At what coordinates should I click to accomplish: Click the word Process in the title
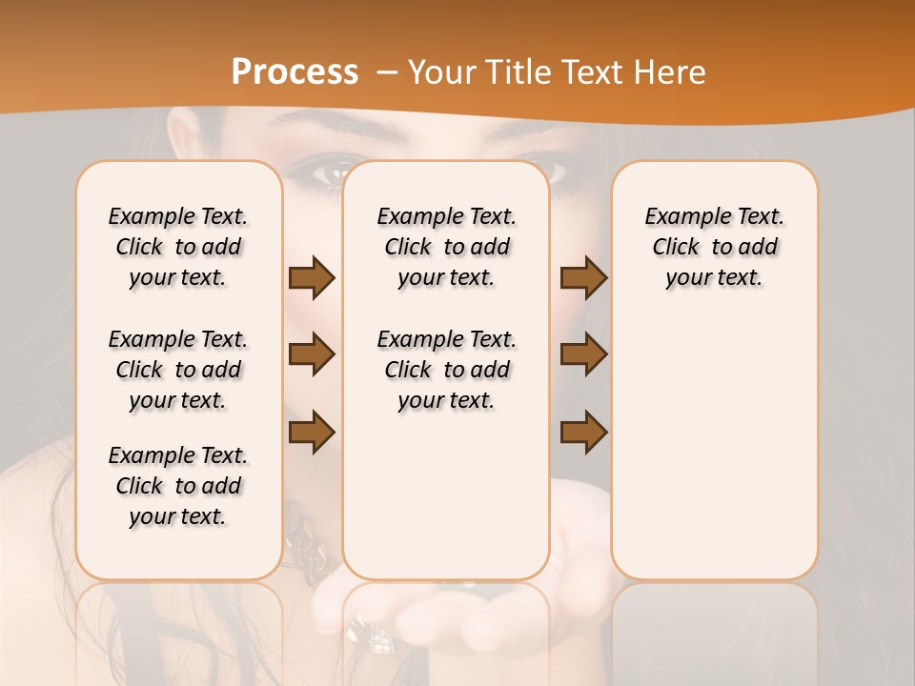[295, 72]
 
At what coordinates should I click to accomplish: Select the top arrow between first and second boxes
[312, 277]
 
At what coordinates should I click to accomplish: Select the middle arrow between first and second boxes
[312, 354]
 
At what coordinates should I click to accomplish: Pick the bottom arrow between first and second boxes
[312, 433]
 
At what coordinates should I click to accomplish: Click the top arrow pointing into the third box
[583, 277]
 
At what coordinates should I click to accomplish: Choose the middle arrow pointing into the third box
[583, 354]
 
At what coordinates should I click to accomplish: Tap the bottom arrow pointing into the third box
[583, 433]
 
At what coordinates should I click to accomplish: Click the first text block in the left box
[178, 247]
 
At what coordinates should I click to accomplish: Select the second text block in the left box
[178, 370]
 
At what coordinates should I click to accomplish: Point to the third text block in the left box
[178, 486]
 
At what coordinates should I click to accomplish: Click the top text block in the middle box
[447, 247]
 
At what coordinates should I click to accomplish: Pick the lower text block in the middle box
[447, 370]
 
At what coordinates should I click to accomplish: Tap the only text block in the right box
[715, 247]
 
